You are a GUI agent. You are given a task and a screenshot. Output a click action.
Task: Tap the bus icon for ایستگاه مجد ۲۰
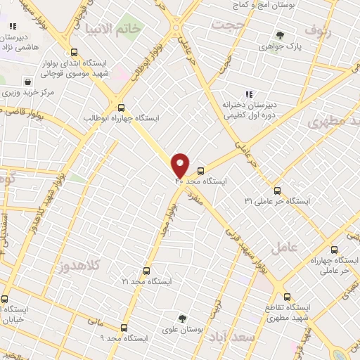(x=201, y=171)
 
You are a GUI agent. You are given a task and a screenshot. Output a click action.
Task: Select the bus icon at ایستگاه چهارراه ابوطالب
(x=122, y=108)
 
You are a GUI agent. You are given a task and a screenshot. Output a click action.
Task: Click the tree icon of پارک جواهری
(x=281, y=35)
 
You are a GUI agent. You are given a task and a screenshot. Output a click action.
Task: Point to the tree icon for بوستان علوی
(x=183, y=319)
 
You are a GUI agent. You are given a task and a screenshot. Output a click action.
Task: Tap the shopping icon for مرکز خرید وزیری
(x=27, y=82)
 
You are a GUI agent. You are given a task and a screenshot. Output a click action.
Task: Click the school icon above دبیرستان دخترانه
(x=248, y=94)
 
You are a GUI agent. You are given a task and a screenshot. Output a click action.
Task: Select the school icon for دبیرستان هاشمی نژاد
(x=13, y=26)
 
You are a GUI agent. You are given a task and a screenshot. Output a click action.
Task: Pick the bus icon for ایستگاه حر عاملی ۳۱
(x=277, y=191)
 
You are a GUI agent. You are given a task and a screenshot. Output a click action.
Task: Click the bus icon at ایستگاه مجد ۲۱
(x=147, y=271)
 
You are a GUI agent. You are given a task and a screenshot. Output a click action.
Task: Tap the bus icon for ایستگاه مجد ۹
(x=124, y=328)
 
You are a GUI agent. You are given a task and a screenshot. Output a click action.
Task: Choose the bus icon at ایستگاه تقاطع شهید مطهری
(x=287, y=297)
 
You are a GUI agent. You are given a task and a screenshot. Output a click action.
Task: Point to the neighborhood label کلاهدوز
(x=77, y=266)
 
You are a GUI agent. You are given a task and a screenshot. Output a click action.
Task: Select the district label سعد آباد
(x=235, y=337)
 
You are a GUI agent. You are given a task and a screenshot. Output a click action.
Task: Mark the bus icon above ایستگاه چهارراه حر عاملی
(x=334, y=250)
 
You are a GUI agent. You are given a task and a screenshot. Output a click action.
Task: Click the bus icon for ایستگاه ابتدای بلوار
(x=75, y=52)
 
